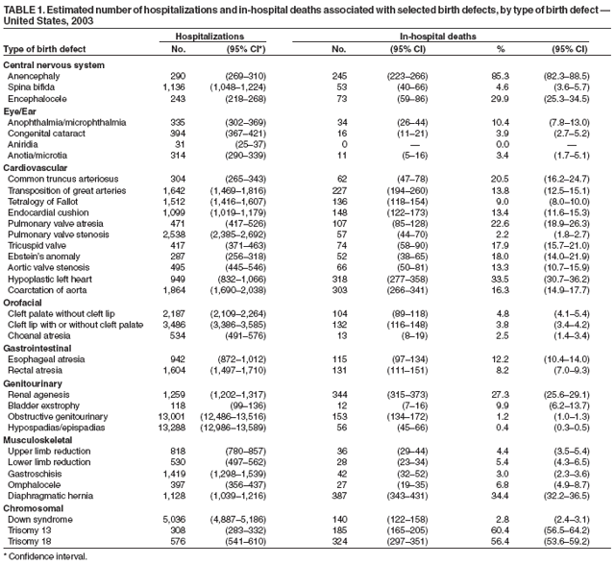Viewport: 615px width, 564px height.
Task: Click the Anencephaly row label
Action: click(x=36, y=75)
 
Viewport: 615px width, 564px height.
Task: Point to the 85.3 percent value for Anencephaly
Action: click(x=497, y=75)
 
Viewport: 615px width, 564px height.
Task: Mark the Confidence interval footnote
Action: click(x=45, y=555)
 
